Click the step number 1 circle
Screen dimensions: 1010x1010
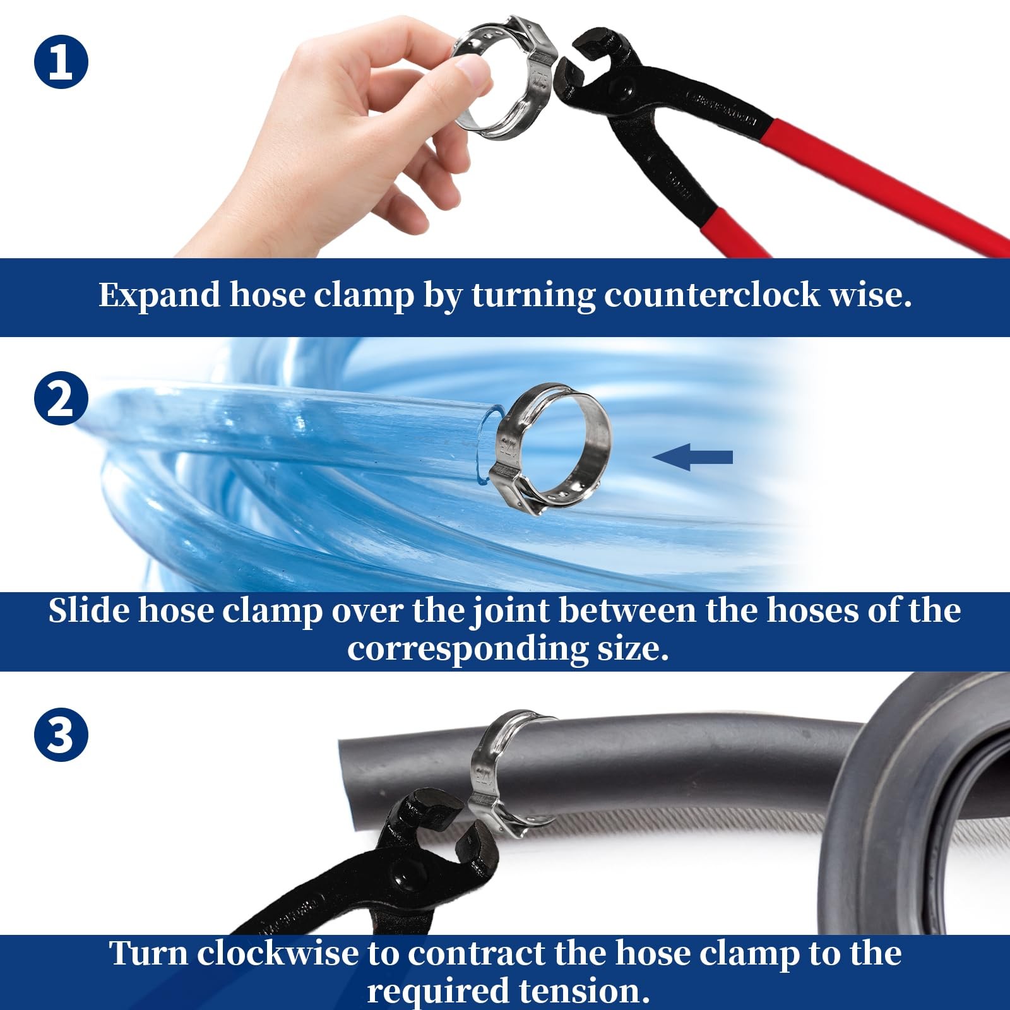pos(61,62)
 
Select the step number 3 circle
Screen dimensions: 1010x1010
pos(61,734)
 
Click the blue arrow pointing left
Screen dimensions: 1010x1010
pos(692,457)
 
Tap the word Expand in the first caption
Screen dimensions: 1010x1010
pos(159,295)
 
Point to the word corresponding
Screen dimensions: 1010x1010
pos(467,649)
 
